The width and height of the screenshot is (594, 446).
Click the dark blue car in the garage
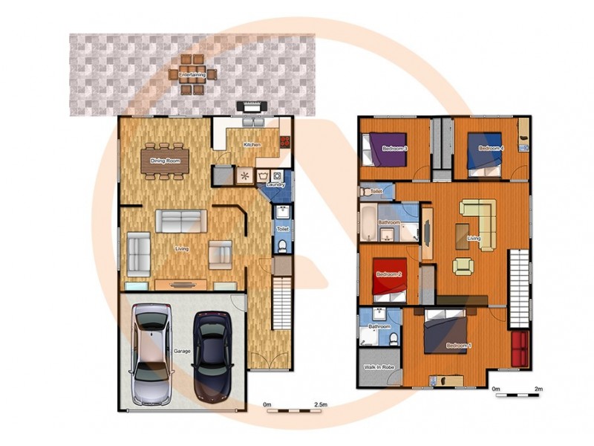212,355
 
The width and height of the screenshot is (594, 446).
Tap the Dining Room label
165,161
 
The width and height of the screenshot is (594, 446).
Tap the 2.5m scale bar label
321,404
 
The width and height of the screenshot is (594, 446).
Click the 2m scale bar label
539,389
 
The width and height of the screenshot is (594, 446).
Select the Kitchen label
252,144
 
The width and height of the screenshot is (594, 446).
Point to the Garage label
183,350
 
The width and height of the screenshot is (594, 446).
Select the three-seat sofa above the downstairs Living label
180,221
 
